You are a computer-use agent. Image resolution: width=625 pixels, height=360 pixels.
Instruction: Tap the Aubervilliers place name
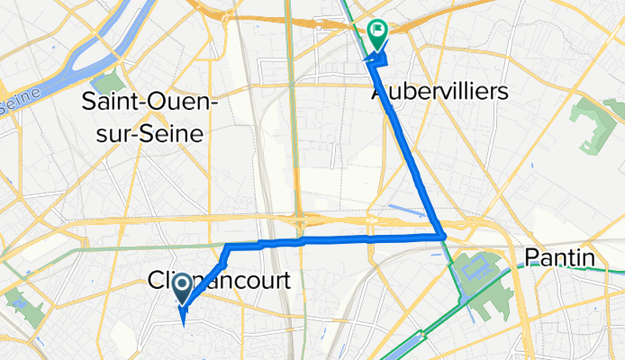(x=439, y=92)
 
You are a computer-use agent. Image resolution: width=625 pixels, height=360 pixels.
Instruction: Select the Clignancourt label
(x=219, y=281)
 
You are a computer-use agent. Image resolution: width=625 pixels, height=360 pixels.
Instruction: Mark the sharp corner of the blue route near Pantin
(x=442, y=236)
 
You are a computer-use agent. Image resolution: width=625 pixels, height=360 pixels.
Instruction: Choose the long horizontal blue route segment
(x=360, y=238)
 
